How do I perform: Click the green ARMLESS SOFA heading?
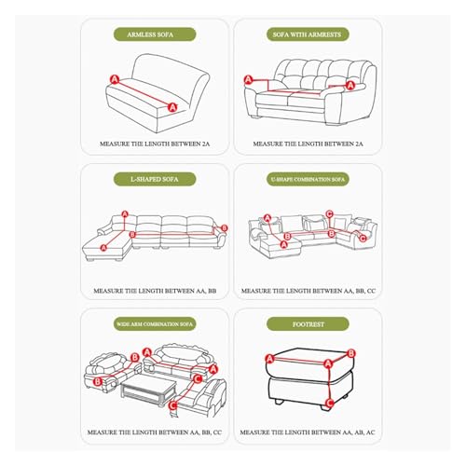155,34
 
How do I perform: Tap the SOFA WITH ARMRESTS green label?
308,34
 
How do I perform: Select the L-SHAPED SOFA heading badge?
155,179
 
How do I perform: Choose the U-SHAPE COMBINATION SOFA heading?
308,179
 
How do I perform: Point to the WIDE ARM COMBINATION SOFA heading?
155,324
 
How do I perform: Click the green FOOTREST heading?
308,324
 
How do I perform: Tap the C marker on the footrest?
330,404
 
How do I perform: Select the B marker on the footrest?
351,353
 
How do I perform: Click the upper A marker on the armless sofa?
115,79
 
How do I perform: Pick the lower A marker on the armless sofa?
172,107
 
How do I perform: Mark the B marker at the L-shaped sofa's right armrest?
224,228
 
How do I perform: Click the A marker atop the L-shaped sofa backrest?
125,214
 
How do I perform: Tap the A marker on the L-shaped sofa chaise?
103,248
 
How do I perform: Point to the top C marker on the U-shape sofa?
329,213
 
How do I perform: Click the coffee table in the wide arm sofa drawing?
148,390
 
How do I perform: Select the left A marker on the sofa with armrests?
248,80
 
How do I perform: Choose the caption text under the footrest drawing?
308,432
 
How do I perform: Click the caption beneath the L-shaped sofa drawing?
155,291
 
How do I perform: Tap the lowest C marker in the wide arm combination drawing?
172,405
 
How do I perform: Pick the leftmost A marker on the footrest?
269,359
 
